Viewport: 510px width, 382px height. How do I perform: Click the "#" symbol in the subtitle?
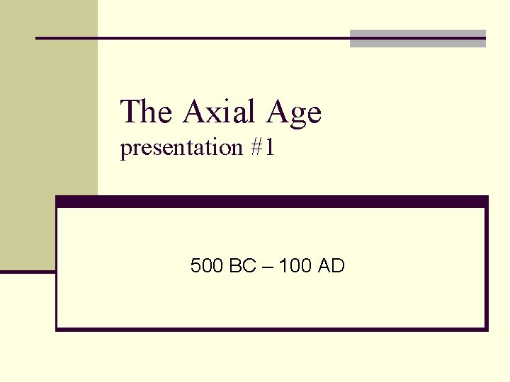tap(255, 148)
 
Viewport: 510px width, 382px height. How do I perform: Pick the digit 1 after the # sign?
tap(269, 148)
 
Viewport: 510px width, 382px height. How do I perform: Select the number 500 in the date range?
tap(207, 267)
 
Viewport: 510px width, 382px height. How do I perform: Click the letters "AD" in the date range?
tap(331, 267)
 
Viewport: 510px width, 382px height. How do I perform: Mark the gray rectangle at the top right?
tap(418, 39)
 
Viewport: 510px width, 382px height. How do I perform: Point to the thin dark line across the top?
tap(191, 37)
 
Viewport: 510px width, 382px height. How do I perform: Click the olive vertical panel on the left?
tap(49, 134)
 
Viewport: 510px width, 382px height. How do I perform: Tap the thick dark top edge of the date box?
tap(272, 202)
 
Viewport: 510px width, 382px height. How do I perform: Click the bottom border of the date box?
tap(272, 328)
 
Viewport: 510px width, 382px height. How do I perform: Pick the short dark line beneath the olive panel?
tap(28, 270)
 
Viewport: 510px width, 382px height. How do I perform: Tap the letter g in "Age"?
tap(296, 115)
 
